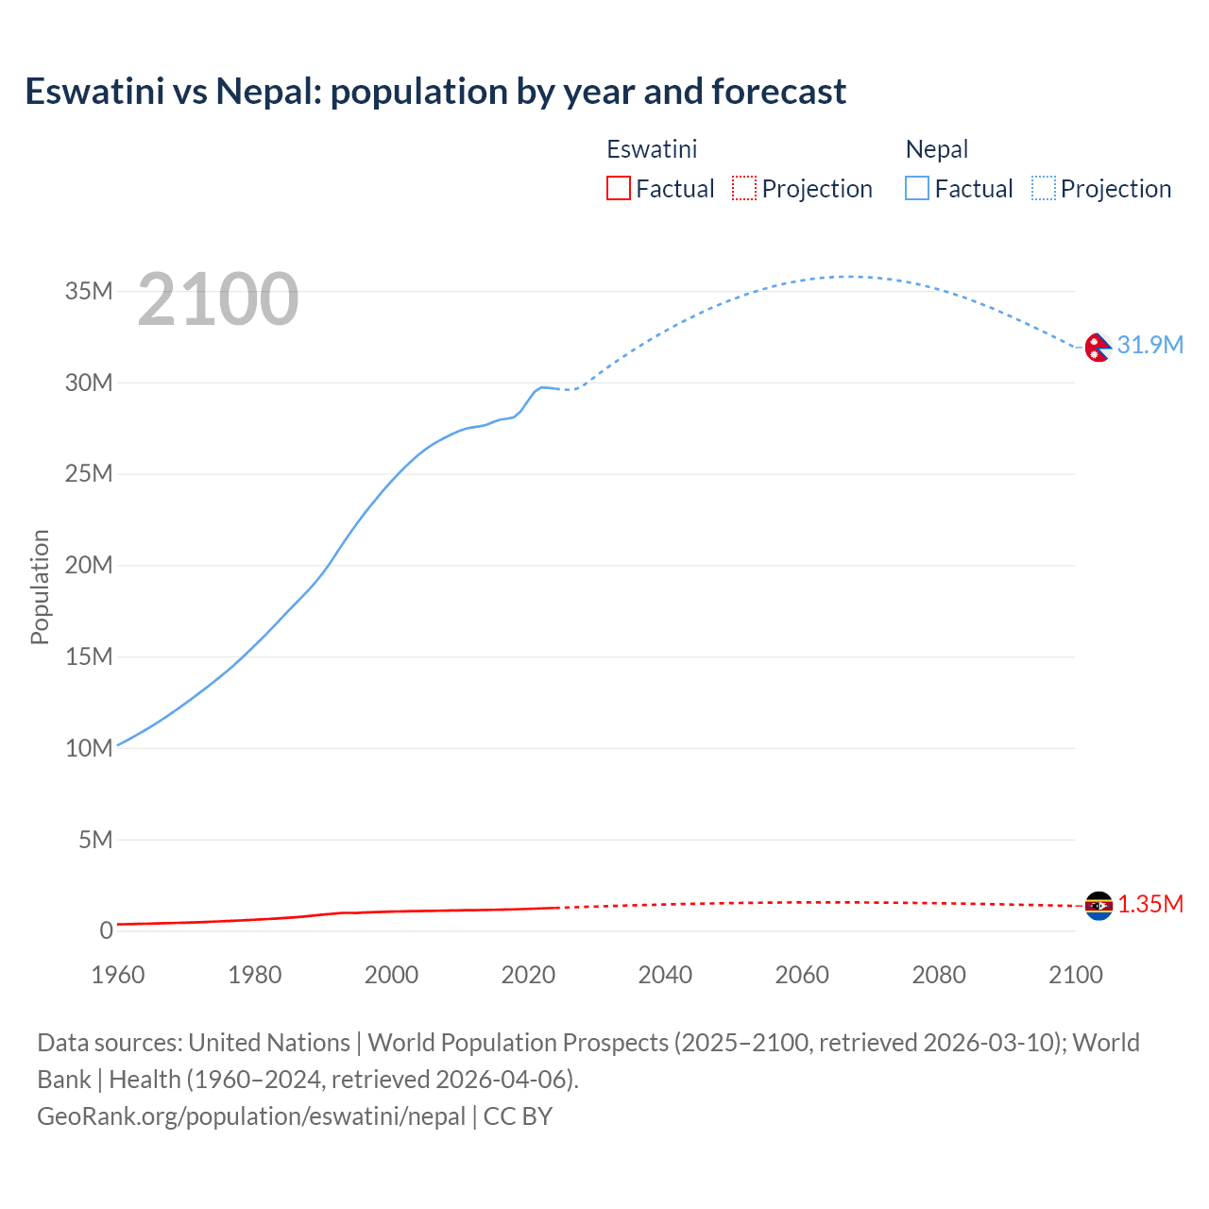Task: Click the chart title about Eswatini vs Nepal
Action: click(x=435, y=92)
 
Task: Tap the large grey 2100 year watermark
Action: click(x=218, y=299)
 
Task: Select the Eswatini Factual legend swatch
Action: click(x=618, y=189)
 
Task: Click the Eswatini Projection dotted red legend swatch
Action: click(x=744, y=189)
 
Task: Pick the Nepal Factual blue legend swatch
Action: click(x=916, y=189)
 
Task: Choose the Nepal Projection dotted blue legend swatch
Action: click(x=1044, y=189)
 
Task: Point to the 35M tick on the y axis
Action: click(x=89, y=291)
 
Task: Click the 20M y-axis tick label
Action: click(x=89, y=565)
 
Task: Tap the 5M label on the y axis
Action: click(x=95, y=840)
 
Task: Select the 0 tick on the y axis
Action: click(x=106, y=930)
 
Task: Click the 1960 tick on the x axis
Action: click(x=118, y=975)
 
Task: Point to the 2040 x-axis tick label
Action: click(x=665, y=975)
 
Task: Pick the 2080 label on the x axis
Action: click(x=939, y=975)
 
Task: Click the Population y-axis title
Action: click(x=40, y=587)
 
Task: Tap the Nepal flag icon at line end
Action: click(x=1098, y=348)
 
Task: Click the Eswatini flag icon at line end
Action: click(x=1098, y=906)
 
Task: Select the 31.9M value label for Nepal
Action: click(x=1149, y=345)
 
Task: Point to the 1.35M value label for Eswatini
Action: click(x=1150, y=905)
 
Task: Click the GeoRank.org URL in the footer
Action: click(x=251, y=1116)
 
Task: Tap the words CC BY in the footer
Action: click(x=518, y=1116)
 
